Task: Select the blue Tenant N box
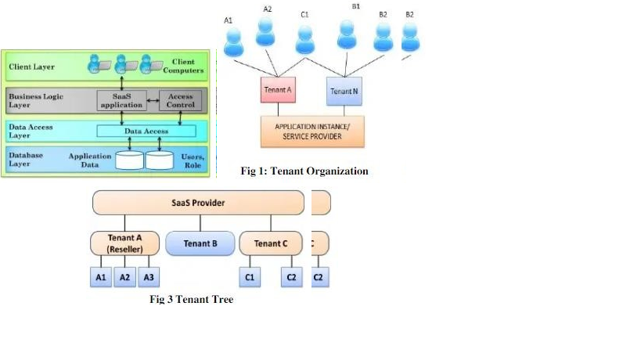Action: point(344,91)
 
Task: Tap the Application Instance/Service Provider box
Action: point(312,131)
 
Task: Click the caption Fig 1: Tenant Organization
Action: point(304,171)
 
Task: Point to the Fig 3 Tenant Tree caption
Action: point(191,299)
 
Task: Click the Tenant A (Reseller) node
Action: point(124,243)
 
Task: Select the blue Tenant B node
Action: point(200,243)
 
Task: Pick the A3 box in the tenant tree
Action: point(148,277)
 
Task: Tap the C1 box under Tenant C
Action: point(250,277)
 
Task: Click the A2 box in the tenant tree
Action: point(124,277)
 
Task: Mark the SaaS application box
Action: point(121,100)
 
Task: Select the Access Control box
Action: point(180,100)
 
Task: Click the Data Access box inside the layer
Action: point(147,131)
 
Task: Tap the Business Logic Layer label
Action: point(35,100)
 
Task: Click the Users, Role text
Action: point(193,160)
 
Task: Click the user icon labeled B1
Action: point(347,35)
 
